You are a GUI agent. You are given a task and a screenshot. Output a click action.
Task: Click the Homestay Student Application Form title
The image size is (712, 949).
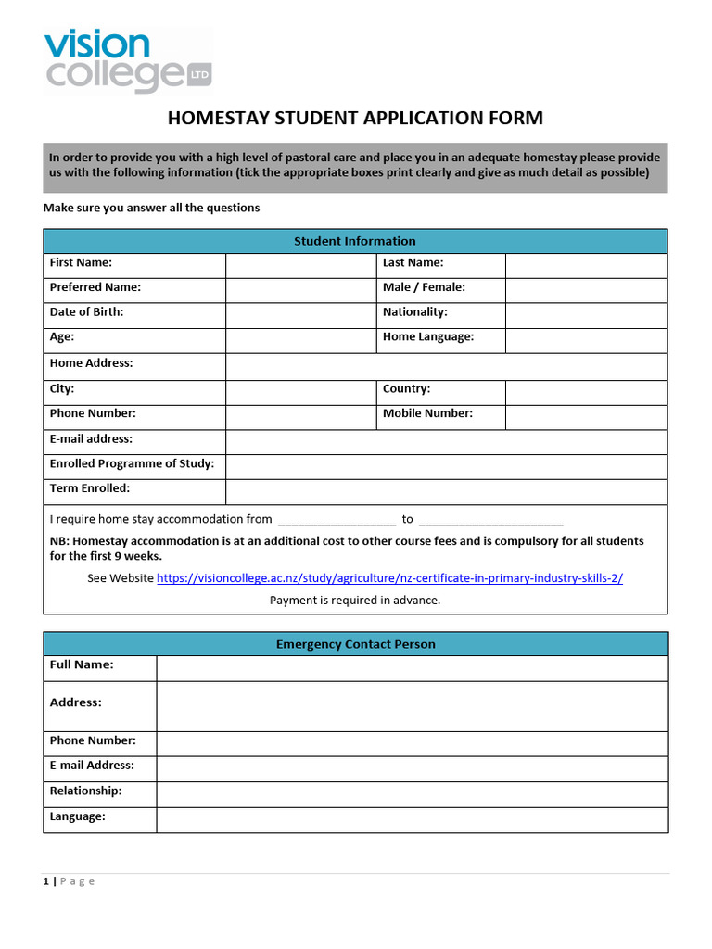355,118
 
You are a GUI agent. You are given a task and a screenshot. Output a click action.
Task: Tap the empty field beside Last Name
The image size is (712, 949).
586,265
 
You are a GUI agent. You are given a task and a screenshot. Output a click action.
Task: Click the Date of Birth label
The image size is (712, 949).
86,312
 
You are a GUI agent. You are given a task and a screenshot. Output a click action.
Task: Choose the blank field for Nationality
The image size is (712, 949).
586,315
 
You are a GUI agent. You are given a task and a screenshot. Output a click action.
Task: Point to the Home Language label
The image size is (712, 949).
428,337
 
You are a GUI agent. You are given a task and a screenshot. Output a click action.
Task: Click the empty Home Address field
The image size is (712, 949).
446,366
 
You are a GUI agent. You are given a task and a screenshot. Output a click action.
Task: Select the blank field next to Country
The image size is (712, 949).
586,392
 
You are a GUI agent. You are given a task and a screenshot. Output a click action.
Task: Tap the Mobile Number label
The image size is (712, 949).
427,413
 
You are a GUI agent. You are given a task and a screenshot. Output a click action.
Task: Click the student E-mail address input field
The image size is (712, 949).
446,441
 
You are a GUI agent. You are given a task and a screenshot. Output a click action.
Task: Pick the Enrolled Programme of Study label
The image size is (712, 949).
132,463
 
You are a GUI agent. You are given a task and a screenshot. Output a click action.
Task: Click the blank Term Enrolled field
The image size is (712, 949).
446,491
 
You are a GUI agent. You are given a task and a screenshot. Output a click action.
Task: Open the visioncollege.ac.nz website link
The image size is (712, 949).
389,578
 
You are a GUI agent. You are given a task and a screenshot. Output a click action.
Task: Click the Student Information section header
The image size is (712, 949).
355,241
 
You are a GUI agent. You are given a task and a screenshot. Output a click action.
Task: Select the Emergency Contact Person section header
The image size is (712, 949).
355,644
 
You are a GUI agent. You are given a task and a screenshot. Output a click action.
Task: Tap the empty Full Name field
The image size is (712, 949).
412,668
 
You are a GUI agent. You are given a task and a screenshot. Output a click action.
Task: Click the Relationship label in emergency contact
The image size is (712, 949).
85,791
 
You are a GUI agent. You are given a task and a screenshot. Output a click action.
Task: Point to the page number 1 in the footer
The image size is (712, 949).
45,881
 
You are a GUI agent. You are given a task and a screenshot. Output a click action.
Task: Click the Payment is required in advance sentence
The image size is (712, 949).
355,601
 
